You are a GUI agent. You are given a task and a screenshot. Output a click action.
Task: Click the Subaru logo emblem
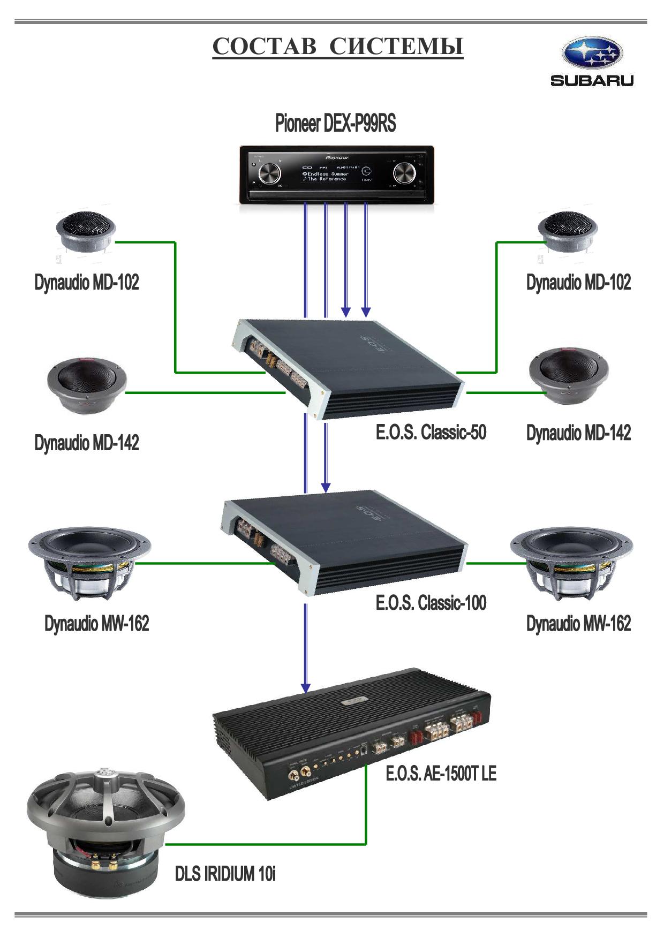pyautogui.click(x=592, y=54)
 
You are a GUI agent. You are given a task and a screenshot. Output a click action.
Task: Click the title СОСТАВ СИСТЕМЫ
pyautogui.click(x=338, y=47)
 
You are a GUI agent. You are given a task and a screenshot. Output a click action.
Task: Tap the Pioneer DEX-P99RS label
pyautogui.click(x=335, y=123)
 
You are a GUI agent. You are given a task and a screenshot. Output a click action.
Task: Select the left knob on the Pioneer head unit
pyautogui.click(x=269, y=173)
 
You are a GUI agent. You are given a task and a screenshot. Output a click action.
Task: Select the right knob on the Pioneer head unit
pyautogui.click(x=404, y=173)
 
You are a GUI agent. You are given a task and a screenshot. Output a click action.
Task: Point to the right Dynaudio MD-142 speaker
pyautogui.click(x=569, y=376)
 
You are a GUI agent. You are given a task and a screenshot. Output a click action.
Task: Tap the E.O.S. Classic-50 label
pyautogui.click(x=431, y=432)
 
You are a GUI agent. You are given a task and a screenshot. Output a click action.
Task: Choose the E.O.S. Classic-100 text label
pyautogui.click(x=431, y=603)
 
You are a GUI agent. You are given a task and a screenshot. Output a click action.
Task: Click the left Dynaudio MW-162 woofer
pyautogui.click(x=89, y=562)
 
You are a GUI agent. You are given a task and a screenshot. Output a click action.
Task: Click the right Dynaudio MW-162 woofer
pyautogui.click(x=571, y=562)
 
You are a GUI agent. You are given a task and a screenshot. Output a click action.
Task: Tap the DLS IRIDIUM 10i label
pyautogui.click(x=225, y=874)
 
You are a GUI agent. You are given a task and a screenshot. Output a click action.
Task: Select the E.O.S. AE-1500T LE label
pyautogui.click(x=441, y=774)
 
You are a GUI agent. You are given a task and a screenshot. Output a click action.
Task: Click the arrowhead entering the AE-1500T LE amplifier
pyautogui.click(x=305, y=687)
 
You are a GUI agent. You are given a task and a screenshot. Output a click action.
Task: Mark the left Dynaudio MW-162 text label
pyautogui.click(x=97, y=624)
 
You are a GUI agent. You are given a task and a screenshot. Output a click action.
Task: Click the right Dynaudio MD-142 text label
pyautogui.click(x=578, y=433)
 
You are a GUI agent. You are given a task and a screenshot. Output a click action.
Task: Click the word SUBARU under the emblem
pyautogui.click(x=592, y=81)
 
